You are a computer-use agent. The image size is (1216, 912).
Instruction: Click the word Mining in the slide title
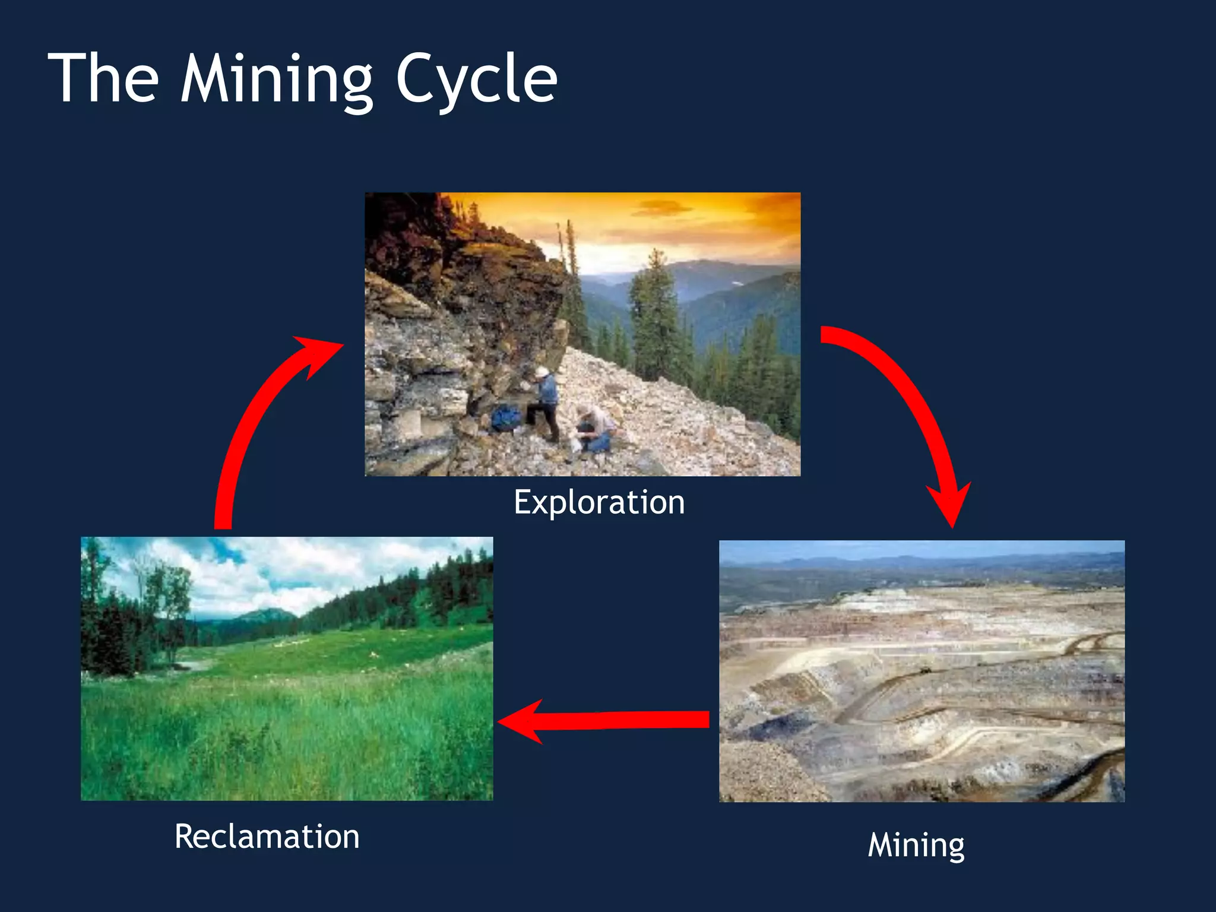click(276, 80)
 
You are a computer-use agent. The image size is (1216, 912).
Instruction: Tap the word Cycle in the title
click(476, 80)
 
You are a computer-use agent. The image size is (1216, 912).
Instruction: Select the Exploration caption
click(599, 502)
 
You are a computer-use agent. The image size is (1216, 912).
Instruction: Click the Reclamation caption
click(267, 837)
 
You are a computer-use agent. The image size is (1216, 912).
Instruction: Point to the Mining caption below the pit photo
click(916, 845)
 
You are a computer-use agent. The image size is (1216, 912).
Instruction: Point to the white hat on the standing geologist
click(541, 372)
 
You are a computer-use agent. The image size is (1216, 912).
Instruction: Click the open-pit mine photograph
click(921, 671)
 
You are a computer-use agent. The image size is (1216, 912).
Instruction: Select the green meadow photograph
click(286, 669)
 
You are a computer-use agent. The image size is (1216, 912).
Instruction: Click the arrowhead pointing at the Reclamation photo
click(522, 721)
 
